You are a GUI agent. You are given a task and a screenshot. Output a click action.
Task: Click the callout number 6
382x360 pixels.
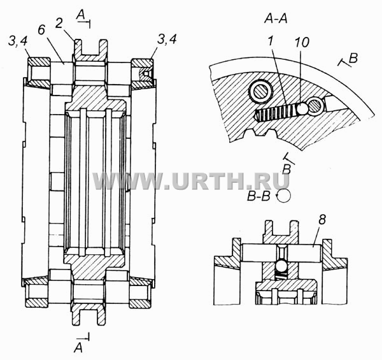pos(41,30)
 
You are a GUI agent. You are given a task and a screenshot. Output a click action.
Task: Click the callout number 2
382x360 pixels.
pos(59,24)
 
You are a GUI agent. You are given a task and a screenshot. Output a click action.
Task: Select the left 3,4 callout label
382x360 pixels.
pos(18,41)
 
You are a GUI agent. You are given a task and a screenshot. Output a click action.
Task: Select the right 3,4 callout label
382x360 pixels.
pos(167,39)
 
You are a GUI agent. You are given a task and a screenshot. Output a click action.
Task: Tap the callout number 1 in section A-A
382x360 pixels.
pos(270,41)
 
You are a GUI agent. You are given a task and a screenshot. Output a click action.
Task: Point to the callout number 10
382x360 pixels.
pos(302,42)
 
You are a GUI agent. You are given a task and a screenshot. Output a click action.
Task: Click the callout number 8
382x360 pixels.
pos(322,220)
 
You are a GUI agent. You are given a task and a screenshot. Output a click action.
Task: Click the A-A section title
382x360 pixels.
pos(276,18)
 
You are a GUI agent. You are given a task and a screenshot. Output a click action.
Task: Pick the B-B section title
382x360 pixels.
pos(258,196)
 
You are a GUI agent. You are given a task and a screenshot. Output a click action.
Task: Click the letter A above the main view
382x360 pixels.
pos(80,15)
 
